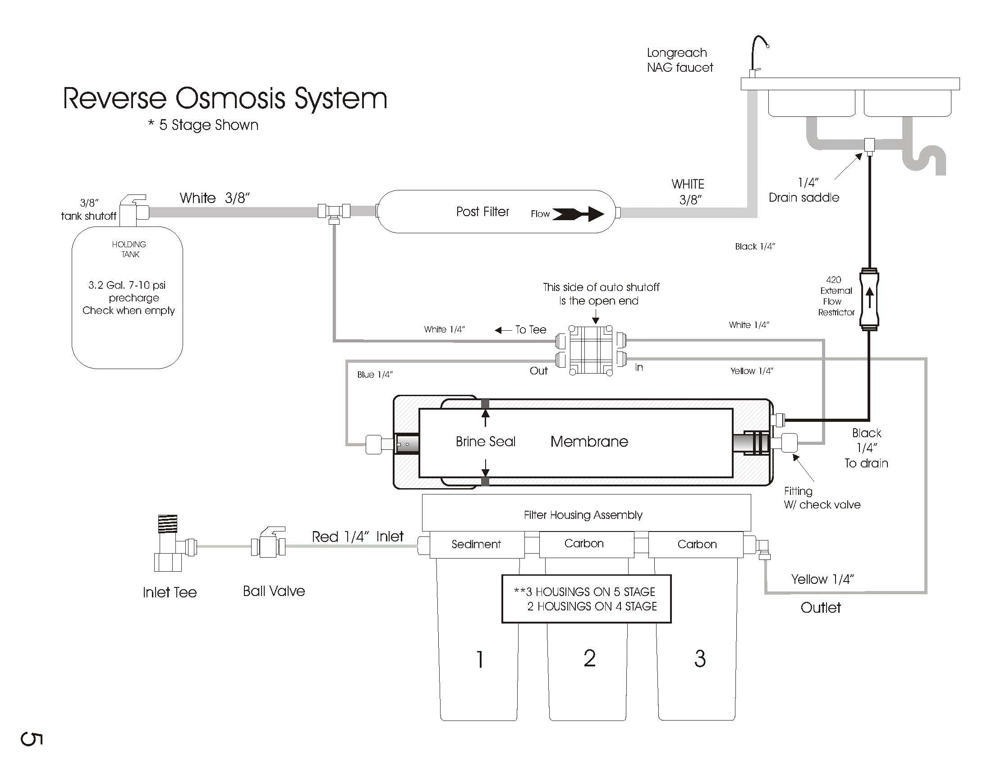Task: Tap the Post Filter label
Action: click(482, 212)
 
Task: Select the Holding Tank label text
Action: click(129, 249)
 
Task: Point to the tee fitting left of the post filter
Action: click(334, 211)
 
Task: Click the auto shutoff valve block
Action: click(591, 350)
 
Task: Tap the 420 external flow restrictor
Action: click(869, 300)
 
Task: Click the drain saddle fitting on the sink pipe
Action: click(869, 146)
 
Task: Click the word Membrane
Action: click(589, 441)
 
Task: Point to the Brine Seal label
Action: click(486, 441)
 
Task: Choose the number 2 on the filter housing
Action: click(589, 658)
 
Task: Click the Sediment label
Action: click(476, 544)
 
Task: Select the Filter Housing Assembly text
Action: click(583, 515)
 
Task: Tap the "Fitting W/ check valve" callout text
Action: click(822, 498)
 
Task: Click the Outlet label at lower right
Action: click(820, 608)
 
